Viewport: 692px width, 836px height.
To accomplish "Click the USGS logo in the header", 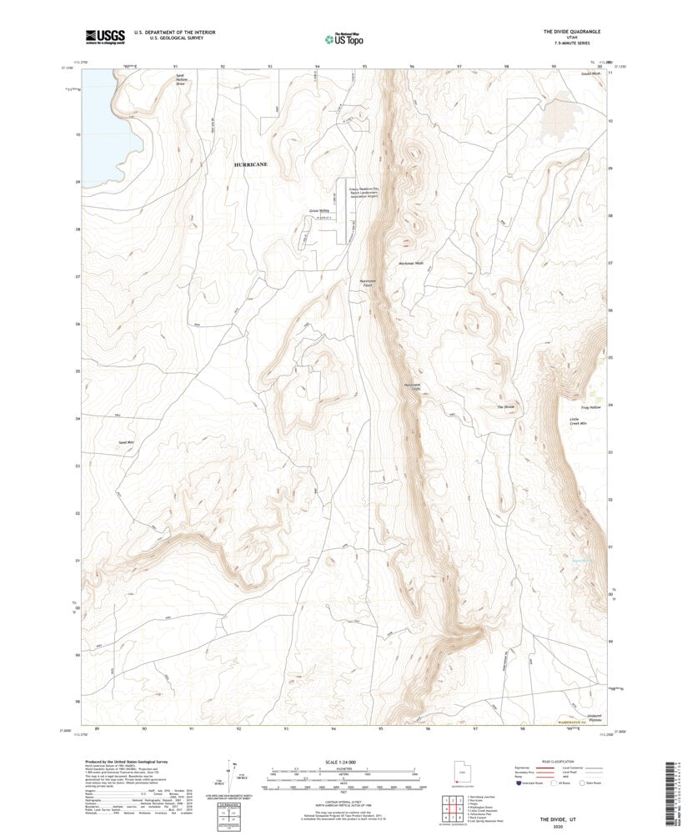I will click(104, 36).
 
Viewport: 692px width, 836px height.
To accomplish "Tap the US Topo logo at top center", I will click(343, 38).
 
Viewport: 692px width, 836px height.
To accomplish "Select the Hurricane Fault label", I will click(369, 282).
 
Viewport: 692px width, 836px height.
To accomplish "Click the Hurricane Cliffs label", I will click(414, 388).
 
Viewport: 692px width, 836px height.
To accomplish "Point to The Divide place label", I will click(506, 406).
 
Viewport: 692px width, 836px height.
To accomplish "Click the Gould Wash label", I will click(590, 73).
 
